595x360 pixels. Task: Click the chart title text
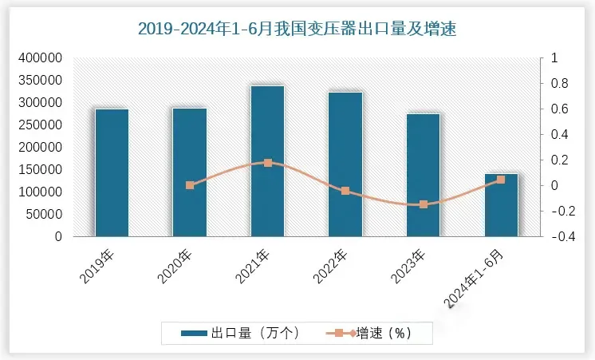point(297,30)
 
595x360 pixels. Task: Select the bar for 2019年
point(112,172)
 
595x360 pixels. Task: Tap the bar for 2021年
point(267,160)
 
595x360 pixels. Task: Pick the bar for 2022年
point(345,164)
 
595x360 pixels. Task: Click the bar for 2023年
point(423,175)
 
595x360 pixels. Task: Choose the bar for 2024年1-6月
point(501,205)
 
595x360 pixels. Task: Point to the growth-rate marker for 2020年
point(190,185)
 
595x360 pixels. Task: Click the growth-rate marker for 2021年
point(267,163)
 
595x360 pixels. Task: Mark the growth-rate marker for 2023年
point(423,204)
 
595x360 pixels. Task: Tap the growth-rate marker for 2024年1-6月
point(501,180)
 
